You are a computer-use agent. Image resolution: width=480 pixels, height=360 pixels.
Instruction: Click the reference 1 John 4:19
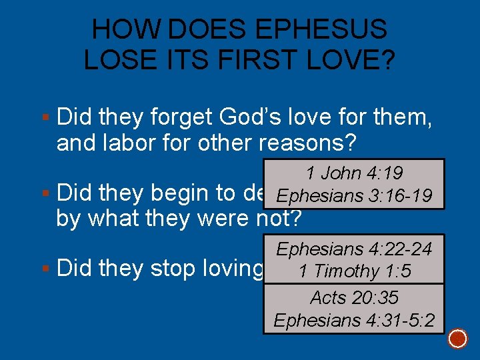pos(354,173)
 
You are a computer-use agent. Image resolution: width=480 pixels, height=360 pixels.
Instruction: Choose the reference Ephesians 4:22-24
pos(354,249)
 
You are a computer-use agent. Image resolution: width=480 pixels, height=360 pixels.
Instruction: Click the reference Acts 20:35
pos(354,297)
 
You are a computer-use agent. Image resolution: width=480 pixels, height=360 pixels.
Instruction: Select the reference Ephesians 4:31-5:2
pos(354,320)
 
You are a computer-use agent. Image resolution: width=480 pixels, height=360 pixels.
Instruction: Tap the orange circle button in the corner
pos(458,338)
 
